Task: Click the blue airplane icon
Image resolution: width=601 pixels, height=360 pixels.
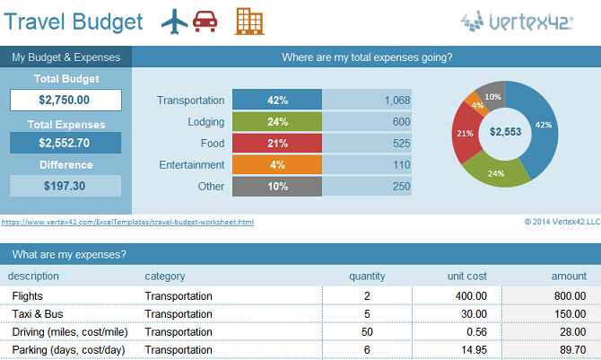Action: point(175,21)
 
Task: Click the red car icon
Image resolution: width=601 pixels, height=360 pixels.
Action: point(205,22)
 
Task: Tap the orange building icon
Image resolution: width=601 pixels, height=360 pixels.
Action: point(248,21)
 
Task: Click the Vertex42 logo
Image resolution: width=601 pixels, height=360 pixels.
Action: point(528,21)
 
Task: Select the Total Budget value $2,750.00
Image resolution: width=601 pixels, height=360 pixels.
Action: point(65,101)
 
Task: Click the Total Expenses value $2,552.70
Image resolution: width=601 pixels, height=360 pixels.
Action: point(65,143)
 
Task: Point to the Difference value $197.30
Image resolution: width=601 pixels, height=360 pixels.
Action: point(65,186)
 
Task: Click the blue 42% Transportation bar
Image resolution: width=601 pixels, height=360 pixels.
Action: point(277,101)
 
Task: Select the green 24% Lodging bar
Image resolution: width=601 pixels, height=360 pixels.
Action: point(277,122)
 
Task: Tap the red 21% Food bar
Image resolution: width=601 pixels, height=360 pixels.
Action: point(277,144)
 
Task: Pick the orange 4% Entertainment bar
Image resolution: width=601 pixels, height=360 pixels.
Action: point(277,165)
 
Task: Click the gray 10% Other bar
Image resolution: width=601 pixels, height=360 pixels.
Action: point(277,187)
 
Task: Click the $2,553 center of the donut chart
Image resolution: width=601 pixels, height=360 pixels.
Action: point(505,132)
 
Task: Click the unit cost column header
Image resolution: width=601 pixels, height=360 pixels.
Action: point(466,277)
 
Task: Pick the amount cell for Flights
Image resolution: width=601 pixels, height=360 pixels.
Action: point(551,296)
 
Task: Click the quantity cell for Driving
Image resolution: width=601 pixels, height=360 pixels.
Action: point(367,332)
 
